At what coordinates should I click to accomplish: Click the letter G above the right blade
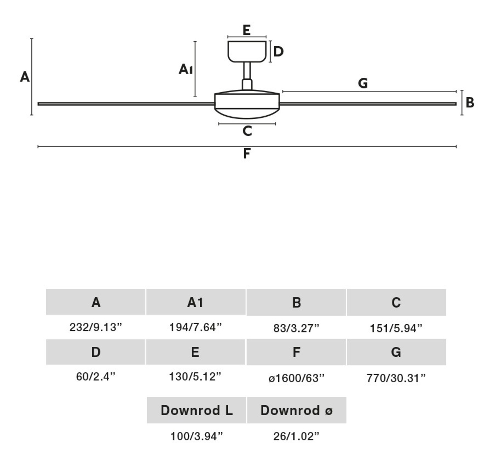[x=363, y=83]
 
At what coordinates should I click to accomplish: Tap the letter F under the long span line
[x=246, y=153]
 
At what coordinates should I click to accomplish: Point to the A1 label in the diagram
[x=185, y=69]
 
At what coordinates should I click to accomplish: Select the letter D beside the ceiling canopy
[x=278, y=51]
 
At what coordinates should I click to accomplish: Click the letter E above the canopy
[x=246, y=30]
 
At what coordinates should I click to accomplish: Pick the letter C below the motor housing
[x=247, y=131]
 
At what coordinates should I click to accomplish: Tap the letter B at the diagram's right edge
[x=470, y=103]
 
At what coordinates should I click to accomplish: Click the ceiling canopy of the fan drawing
[x=247, y=51]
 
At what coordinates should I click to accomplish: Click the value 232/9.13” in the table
[x=96, y=327]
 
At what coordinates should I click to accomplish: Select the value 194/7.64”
[x=195, y=327]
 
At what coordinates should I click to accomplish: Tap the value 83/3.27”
[x=296, y=328]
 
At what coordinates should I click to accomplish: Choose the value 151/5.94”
[x=396, y=328]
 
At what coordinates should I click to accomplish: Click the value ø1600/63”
[x=296, y=378]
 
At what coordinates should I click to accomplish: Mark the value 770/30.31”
[x=396, y=378]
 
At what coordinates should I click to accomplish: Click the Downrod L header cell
[x=196, y=410]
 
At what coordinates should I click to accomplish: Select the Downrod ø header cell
[x=297, y=410]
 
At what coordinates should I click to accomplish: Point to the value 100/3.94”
[x=196, y=436]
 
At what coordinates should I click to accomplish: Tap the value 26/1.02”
[x=296, y=436]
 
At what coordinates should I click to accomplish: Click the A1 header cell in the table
[x=195, y=302]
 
